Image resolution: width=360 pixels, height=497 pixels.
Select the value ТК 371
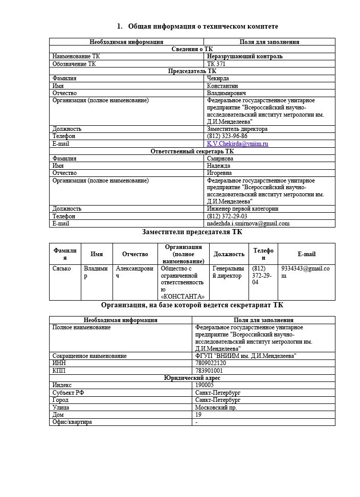tap(216, 64)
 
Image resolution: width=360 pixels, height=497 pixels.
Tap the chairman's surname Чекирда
tap(218, 79)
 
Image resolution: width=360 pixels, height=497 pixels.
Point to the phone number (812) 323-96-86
tap(227, 137)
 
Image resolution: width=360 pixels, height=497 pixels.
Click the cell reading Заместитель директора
tap(237, 129)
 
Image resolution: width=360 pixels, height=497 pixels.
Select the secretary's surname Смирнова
tap(220, 159)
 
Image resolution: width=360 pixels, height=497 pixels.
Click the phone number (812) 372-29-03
tap(227, 216)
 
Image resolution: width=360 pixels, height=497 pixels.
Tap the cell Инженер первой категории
tap(242, 209)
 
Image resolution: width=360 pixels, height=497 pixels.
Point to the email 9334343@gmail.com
tap(305, 272)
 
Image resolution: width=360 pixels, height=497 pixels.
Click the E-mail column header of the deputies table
tap(306, 254)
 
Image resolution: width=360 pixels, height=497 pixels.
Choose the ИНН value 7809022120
tap(210, 363)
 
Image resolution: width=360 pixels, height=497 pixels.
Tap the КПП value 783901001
tap(209, 370)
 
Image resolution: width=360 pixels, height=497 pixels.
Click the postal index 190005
tap(205, 385)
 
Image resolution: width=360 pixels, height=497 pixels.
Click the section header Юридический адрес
tap(192, 378)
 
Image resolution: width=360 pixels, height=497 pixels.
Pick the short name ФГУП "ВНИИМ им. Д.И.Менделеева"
tap(245, 355)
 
